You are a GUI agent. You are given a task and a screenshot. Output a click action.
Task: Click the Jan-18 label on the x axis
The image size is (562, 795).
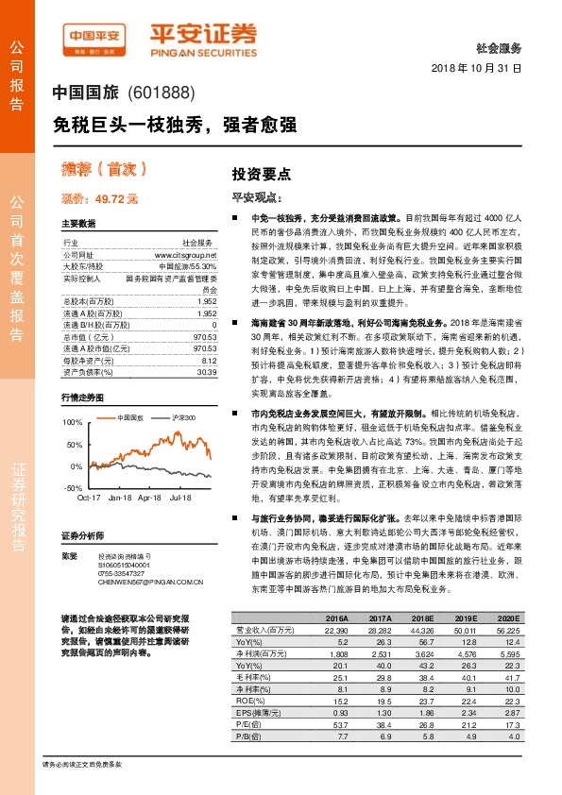(121, 497)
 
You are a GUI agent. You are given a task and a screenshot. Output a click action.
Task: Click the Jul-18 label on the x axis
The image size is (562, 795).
(181, 497)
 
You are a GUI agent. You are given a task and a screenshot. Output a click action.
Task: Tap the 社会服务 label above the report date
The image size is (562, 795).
(502, 47)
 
